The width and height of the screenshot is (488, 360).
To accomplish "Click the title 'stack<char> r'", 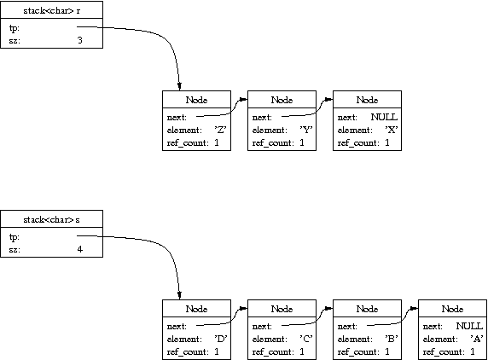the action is pyautogui.click(x=52, y=10).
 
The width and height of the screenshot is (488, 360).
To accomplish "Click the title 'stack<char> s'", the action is pyautogui.click(x=52, y=220).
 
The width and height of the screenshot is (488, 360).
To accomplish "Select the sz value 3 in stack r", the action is pyautogui.click(x=80, y=40).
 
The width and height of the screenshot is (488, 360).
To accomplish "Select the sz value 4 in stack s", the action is pyautogui.click(x=80, y=249).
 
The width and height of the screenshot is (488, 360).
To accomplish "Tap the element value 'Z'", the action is pyautogui.click(x=220, y=130).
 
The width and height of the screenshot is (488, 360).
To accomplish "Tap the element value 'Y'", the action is pyautogui.click(x=306, y=130).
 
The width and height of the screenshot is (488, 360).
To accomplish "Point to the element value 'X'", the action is pyautogui.click(x=392, y=130).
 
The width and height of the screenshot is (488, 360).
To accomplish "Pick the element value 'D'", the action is pyautogui.click(x=221, y=339).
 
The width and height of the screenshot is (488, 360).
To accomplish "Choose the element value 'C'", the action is pyautogui.click(x=306, y=339).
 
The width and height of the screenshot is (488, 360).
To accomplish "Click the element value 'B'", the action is pyautogui.click(x=392, y=339).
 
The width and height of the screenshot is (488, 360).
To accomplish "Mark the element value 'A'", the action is pyautogui.click(x=477, y=339).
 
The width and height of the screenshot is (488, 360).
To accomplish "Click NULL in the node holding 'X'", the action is pyautogui.click(x=384, y=117).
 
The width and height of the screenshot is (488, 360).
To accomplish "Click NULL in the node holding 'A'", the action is pyautogui.click(x=469, y=326).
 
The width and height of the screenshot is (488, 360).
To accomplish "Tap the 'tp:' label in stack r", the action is pyautogui.click(x=14, y=28).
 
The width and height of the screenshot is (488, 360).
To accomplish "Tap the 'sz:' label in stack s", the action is pyautogui.click(x=15, y=250).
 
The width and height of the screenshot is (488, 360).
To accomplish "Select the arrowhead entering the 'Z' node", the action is pyautogui.click(x=179, y=86).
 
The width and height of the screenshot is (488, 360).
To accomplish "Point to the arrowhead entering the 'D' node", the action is pyautogui.click(x=179, y=295).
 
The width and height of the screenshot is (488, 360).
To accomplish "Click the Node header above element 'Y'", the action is pyautogui.click(x=282, y=100).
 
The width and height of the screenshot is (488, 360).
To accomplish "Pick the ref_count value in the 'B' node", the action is pyautogui.click(x=386, y=351).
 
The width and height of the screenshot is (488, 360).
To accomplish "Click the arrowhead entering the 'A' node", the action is pyautogui.click(x=414, y=309).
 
